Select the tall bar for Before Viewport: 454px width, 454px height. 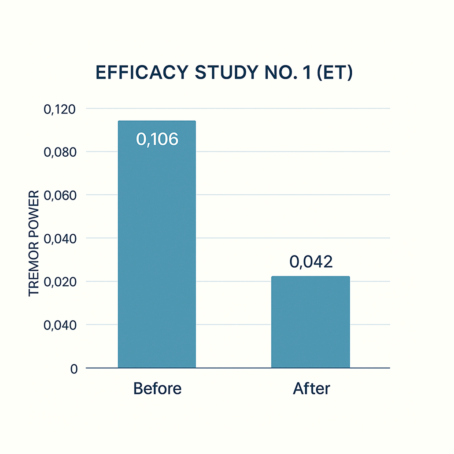[157, 255]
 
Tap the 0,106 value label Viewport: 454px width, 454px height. [157, 139]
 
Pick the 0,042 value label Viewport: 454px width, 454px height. [311, 262]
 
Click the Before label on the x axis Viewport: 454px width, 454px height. [157, 389]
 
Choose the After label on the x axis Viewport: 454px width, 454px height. [311, 389]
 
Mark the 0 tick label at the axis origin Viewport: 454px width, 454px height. [74, 369]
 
